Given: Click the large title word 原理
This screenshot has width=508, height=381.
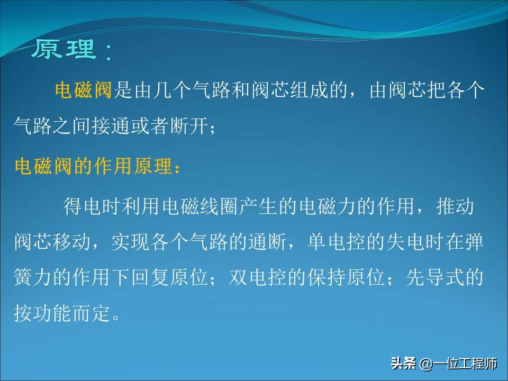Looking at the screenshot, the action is (64, 49).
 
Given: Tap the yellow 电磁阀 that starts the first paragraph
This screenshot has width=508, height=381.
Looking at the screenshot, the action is (84, 90).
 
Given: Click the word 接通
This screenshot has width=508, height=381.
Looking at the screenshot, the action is (111, 126).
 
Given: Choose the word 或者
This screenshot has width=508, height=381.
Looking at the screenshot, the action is (150, 126).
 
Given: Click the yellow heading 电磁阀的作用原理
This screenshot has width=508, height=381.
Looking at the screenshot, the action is (93, 166).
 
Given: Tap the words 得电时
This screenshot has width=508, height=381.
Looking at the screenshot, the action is (92, 206).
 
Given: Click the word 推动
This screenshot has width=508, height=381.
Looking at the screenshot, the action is (455, 206).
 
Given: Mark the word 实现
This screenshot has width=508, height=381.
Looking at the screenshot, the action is (131, 242).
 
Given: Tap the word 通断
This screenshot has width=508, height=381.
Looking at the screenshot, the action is (268, 242).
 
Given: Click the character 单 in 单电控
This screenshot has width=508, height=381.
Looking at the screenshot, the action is (316, 242).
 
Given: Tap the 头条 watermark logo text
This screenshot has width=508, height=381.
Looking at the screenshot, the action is (404, 363).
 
